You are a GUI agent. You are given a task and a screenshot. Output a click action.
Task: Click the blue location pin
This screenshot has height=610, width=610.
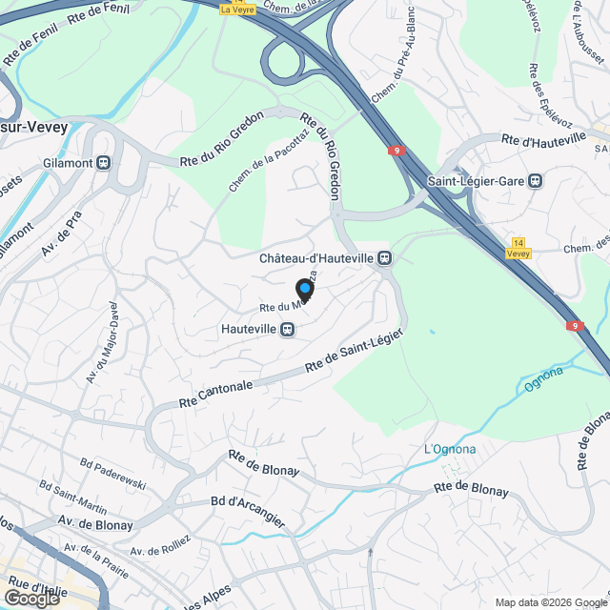click(304, 289)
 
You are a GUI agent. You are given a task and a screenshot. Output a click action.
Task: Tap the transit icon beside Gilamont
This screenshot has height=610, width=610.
click(104, 162)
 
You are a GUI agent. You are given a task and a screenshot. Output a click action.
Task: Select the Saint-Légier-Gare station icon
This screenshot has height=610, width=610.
click(537, 179)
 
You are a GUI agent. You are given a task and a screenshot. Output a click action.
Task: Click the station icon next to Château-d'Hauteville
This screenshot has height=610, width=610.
click(384, 257)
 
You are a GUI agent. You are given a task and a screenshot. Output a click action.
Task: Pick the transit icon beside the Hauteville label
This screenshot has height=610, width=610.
click(286, 329)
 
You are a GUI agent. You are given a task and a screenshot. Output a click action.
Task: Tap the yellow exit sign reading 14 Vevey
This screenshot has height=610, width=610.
click(518, 249)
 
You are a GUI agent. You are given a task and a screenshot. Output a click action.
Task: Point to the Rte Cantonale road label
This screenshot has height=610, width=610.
click(216, 394)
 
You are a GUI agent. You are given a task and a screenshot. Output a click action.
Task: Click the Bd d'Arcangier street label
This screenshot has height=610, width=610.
click(248, 510)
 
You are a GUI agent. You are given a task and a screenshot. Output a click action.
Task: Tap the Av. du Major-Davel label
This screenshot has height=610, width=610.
click(102, 344)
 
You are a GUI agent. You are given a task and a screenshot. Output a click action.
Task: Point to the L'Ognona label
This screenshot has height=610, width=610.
click(449, 449)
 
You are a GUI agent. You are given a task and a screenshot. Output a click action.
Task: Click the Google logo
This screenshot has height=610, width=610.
click(31, 598)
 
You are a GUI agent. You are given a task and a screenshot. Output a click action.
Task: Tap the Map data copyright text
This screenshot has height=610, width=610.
click(550, 601)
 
